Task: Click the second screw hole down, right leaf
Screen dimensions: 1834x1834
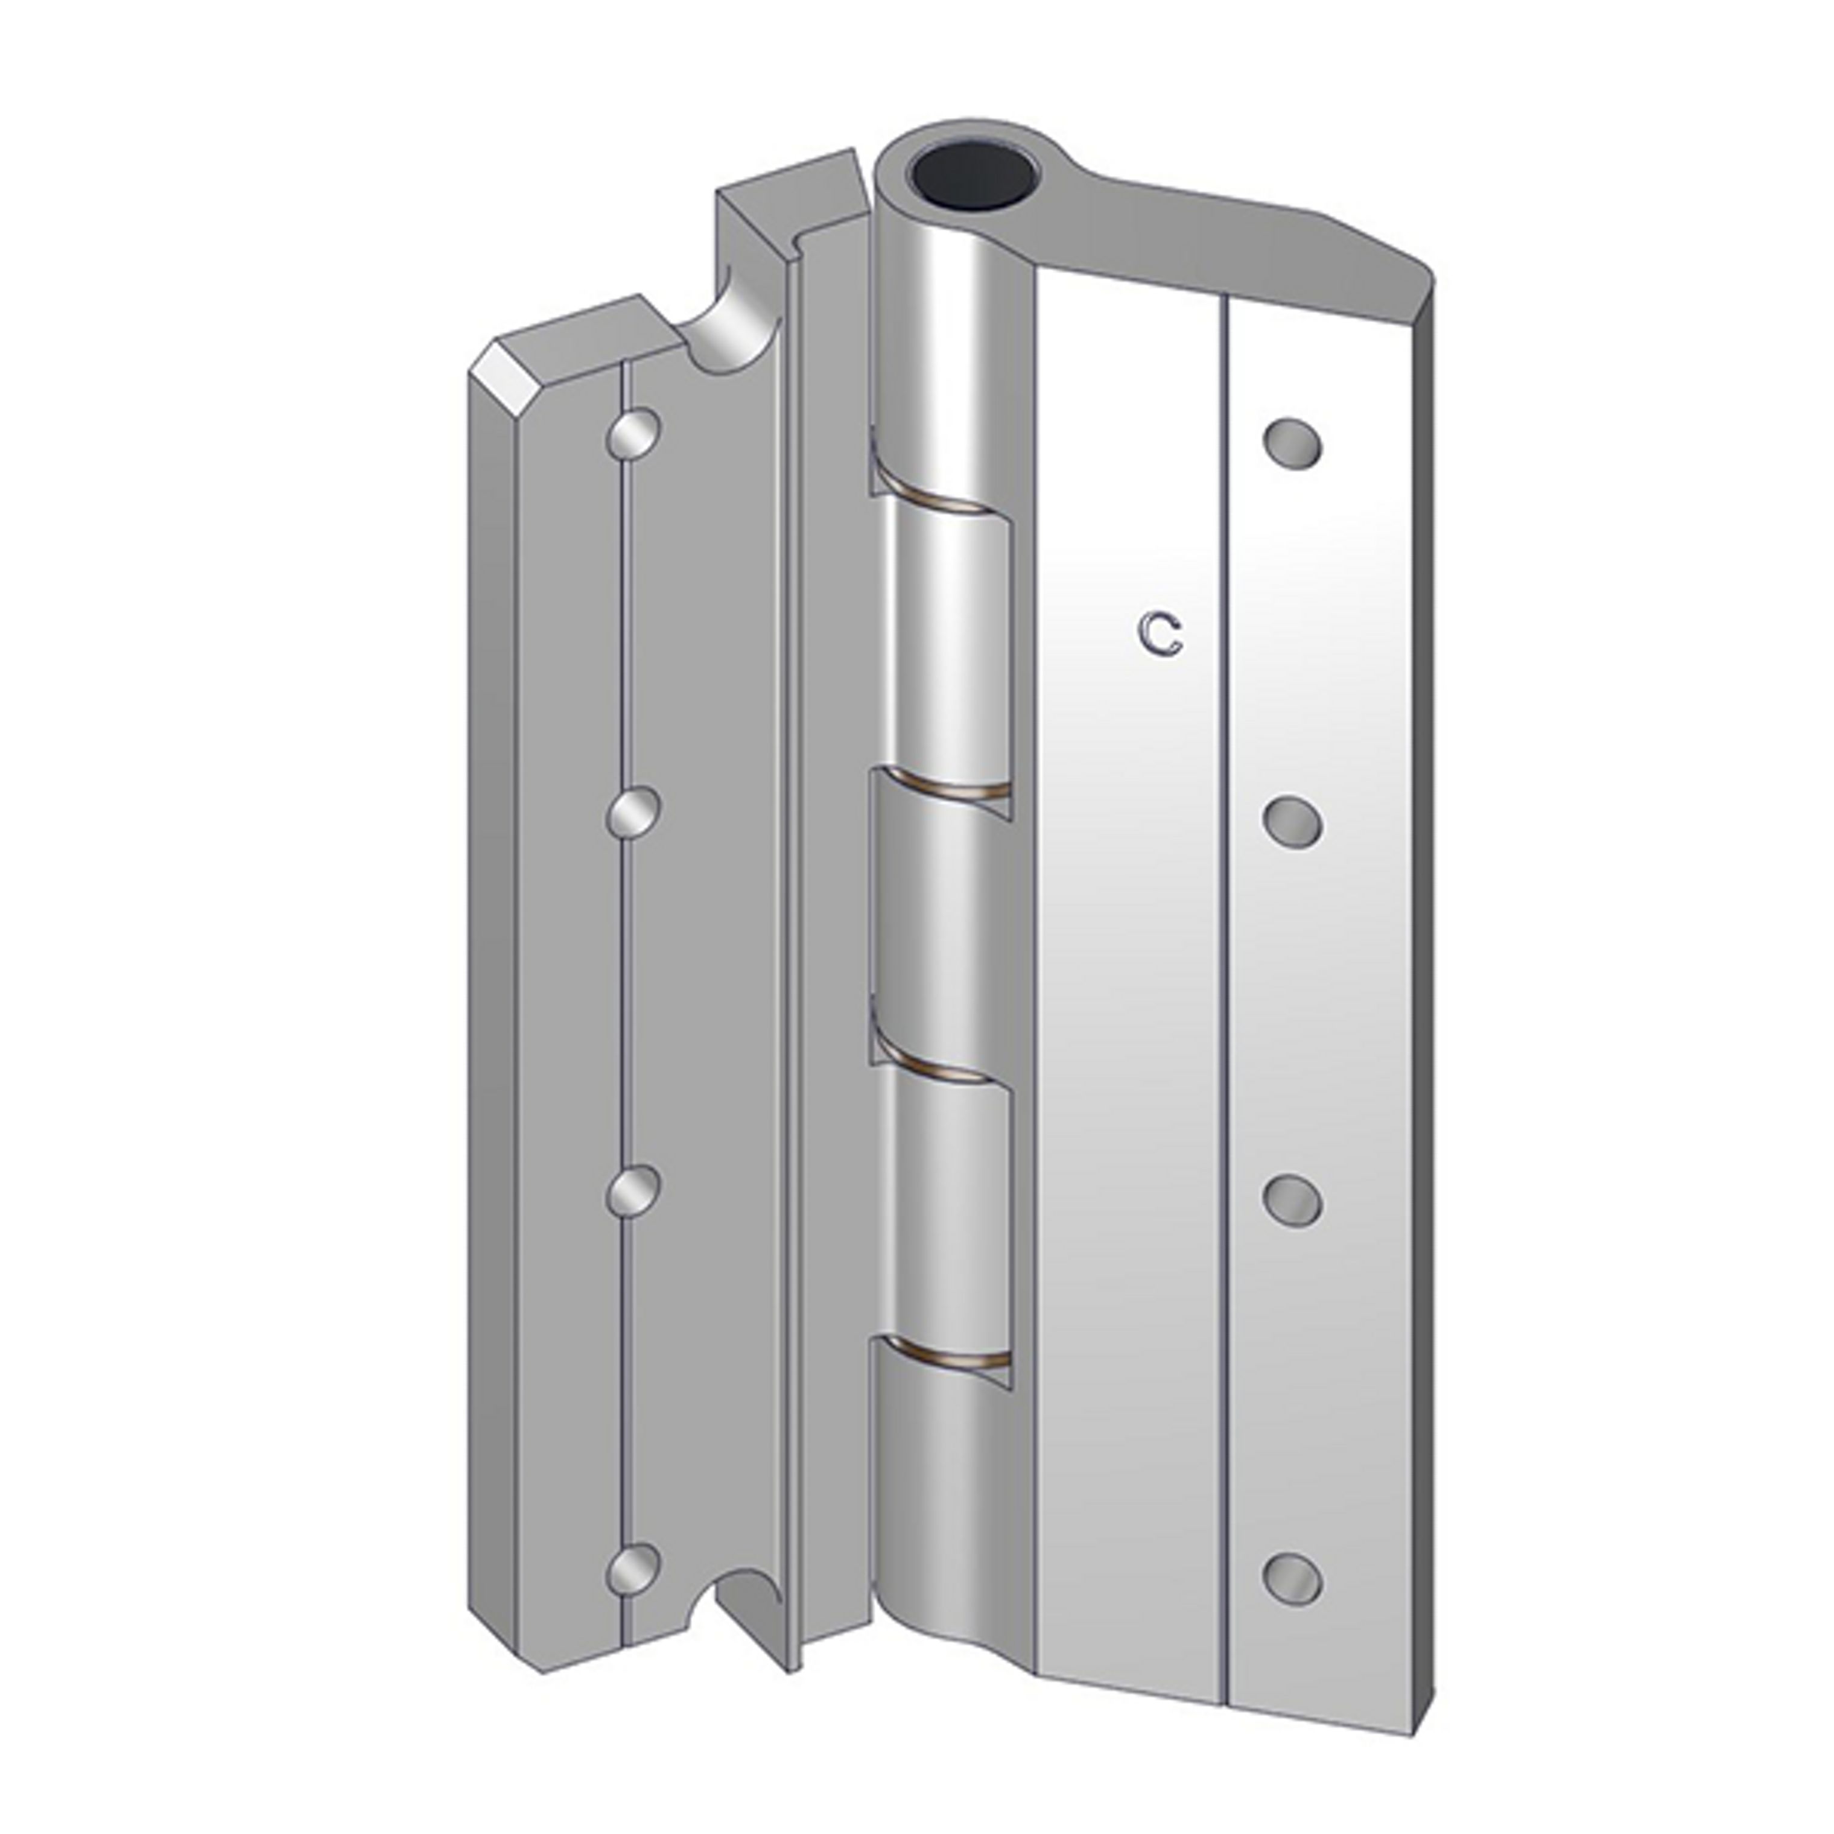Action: click(1293, 821)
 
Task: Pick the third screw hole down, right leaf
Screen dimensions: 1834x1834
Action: click(1293, 1199)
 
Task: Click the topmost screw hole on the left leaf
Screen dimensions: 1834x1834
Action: click(634, 436)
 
